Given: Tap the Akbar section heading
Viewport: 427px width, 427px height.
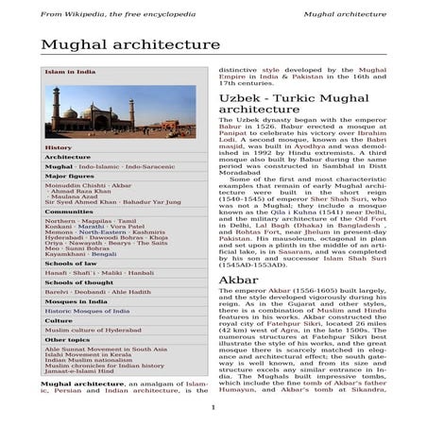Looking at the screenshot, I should [x=233, y=281].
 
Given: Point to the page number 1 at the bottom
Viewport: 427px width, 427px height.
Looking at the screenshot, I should [x=213, y=407].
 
